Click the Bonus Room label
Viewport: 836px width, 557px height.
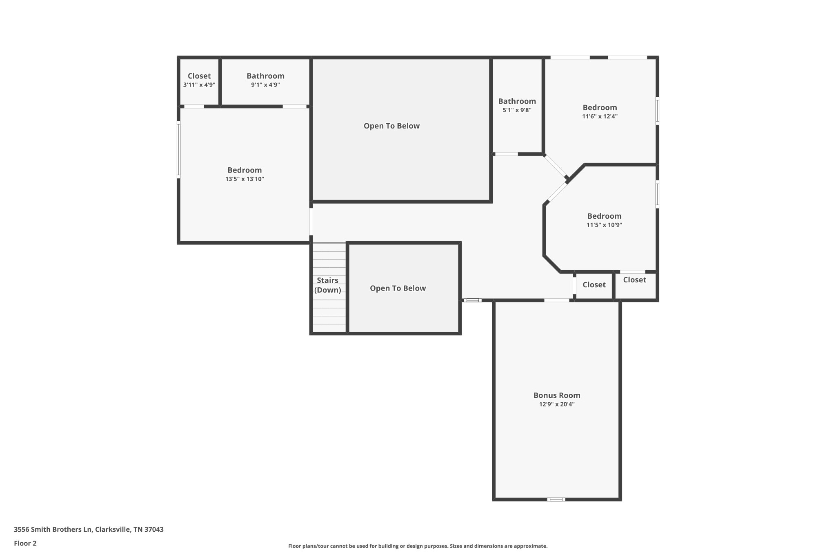556,395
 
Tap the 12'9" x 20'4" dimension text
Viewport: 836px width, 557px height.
556,404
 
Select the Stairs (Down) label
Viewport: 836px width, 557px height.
327,285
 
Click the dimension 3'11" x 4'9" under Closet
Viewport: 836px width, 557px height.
199,85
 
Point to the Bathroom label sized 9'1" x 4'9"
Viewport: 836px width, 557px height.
265,76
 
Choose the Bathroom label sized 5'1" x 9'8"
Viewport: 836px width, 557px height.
517,101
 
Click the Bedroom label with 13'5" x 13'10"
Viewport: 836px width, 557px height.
245,170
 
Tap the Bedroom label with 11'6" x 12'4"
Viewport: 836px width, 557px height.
600,108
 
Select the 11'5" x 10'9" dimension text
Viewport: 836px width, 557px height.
604,225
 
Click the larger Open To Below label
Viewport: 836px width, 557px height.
391,126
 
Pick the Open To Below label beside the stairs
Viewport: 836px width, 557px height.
398,288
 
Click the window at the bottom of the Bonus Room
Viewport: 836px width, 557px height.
556,499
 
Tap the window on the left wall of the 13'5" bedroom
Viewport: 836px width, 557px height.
178,150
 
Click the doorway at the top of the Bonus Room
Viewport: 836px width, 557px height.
556,300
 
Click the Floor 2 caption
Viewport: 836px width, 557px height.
25,543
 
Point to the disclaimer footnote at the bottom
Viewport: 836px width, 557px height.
418,546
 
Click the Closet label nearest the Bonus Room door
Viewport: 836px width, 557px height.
594,285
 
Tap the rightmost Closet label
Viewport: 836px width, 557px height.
634,280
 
